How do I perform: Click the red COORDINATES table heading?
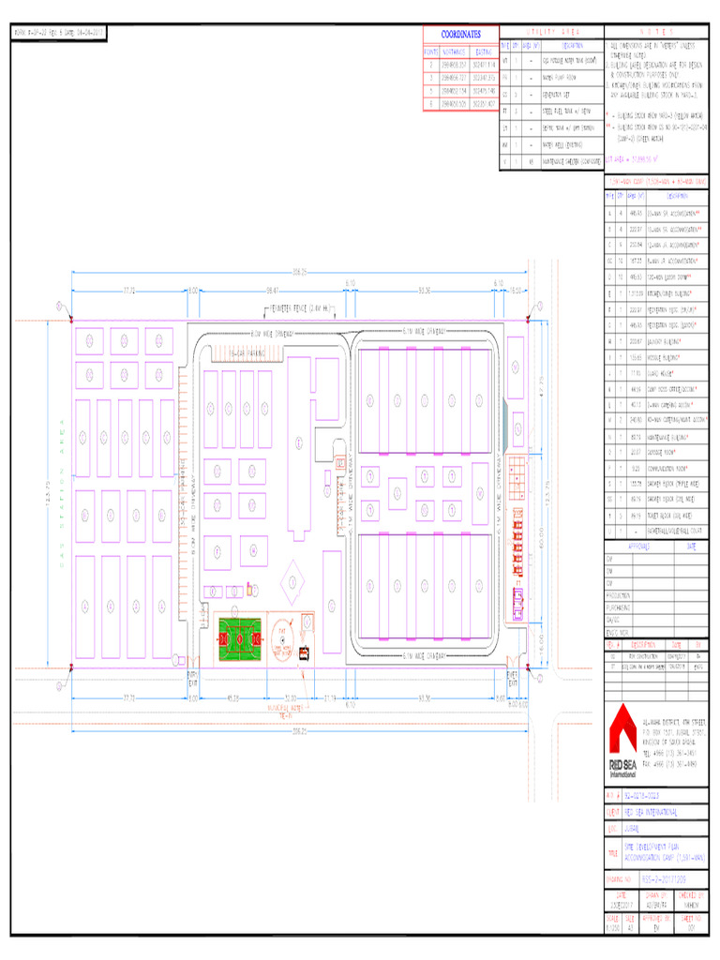[460, 34]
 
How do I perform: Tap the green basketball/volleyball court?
[240, 638]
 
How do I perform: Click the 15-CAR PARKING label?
[247, 352]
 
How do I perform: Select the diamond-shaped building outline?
[292, 581]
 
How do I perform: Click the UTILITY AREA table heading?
[552, 33]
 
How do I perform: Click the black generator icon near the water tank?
[304, 656]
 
